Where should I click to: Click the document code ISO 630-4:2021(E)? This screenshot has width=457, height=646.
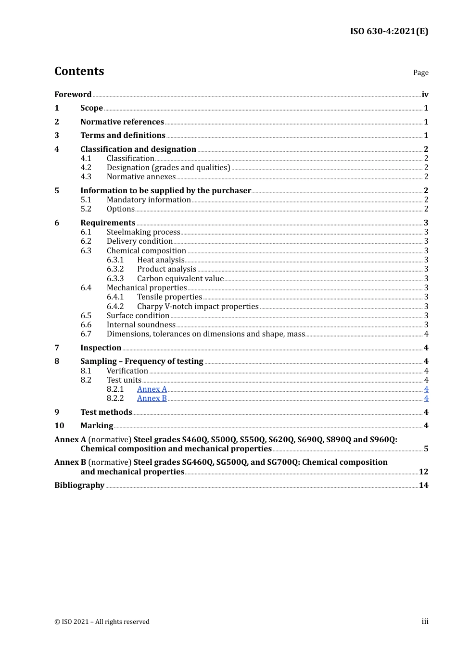389,31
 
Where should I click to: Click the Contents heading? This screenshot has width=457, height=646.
79,71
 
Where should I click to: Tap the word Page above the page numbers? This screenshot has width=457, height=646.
420,73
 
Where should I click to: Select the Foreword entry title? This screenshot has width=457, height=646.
73,94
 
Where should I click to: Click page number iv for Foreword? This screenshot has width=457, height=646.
425,94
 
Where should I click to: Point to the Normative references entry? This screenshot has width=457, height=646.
122,122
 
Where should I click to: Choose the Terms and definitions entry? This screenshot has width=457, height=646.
123,135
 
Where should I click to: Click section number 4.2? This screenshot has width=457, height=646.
86,167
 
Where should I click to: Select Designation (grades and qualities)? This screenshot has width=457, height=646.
168,167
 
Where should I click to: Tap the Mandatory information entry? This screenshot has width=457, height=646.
149,199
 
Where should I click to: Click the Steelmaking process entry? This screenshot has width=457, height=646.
143,232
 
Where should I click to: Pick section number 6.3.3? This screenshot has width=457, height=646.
115,278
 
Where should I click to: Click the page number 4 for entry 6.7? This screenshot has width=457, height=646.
426,334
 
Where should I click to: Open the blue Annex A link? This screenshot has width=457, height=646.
152,389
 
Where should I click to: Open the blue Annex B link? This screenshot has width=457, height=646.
152,398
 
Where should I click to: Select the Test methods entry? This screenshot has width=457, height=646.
106,412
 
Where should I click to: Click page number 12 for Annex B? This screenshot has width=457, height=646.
423,472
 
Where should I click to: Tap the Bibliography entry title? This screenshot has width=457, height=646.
79,485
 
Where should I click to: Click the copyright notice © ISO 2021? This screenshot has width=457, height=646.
102,621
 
